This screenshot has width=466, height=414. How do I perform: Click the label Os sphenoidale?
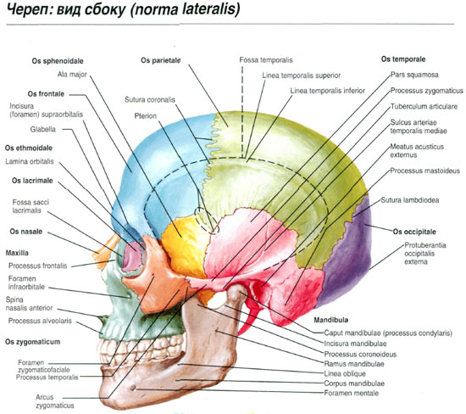(x=58, y=61)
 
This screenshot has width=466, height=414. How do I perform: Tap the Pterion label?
(x=146, y=115)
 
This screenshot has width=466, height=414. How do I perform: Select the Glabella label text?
(x=43, y=129)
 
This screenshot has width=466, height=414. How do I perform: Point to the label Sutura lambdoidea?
(x=410, y=200)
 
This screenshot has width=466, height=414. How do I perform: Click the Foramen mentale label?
(x=352, y=393)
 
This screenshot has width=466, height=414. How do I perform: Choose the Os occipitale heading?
(x=414, y=232)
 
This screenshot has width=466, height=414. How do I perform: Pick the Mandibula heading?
(x=331, y=320)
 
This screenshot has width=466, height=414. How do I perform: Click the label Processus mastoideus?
(x=425, y=171)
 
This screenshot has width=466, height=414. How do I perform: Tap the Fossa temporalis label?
(x=266, y=60)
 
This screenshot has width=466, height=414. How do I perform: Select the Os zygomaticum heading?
(x=33, y=342)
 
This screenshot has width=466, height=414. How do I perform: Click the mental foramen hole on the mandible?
(x=133, y=388)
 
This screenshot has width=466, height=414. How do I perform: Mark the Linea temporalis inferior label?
(x=328, y=91)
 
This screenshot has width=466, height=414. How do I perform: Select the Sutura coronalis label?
(x=150, y=100)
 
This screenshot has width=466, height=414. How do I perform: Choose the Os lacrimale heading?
(x=32, y=181)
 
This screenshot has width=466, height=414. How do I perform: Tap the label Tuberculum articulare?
(x=424, y=107)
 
